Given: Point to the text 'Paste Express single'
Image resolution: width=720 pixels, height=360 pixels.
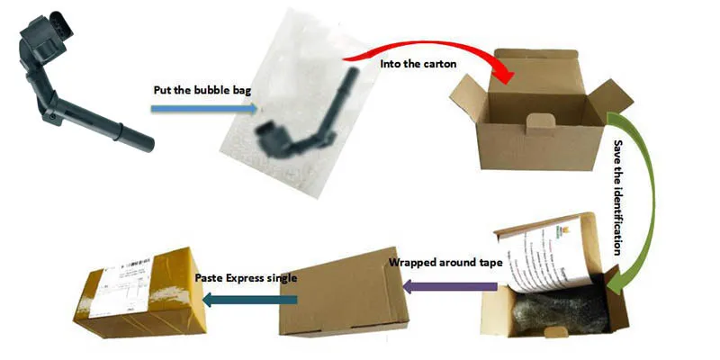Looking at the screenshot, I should point(247,278).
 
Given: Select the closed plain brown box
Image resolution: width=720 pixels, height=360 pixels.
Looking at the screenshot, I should point(337,288).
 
